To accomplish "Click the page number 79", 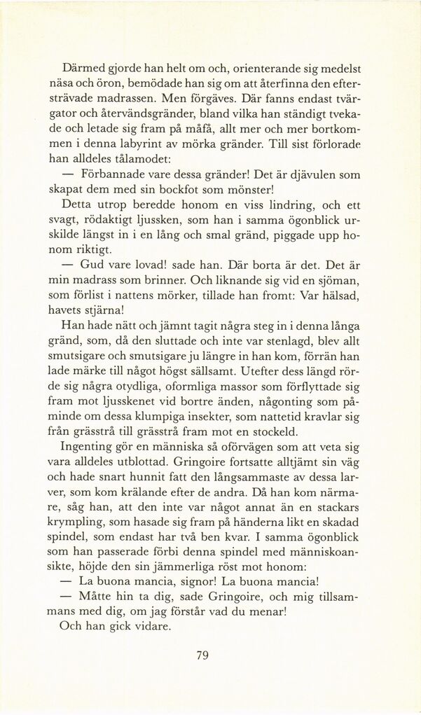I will click(202, 655).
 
